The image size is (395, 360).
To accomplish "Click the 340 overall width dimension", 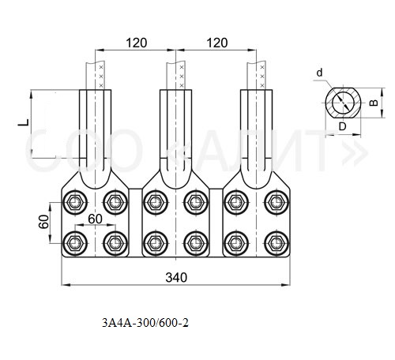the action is [x=176, y=277].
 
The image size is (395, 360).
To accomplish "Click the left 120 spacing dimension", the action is [x=137, y=43].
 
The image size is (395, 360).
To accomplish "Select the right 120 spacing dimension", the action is [x=217, y=43].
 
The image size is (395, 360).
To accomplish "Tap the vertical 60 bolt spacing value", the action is [x=44, y=222].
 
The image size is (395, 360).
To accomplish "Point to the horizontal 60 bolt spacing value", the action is [x=95, y=219].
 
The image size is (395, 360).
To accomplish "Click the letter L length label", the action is [x=24, y=122].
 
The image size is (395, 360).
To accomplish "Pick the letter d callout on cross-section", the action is [x=319, y=73].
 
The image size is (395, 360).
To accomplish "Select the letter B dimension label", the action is [x=374, y=103].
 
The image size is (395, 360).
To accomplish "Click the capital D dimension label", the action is [x=342, y=127].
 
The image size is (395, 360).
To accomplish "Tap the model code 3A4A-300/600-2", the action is [x=145, y=323].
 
